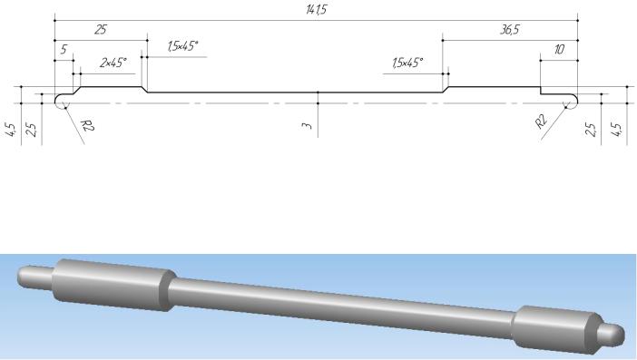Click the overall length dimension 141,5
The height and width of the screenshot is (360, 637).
[x=316, y=9]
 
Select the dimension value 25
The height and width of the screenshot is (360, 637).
[x=101, y=30]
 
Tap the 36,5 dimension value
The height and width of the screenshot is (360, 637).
[x=509, y=30]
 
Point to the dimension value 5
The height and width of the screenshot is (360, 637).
[x=64, y=50]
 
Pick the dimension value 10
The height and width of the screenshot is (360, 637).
[x=559, y=50]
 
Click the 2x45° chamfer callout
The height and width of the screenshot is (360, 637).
[x=113, y=63]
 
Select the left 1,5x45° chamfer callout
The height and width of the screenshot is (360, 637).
[x=182, y=46]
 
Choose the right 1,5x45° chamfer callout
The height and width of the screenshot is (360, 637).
[x=407, y=63]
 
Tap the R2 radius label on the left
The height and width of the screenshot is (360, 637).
[x=87, y=125]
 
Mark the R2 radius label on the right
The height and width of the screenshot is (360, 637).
[x=542, y=122]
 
